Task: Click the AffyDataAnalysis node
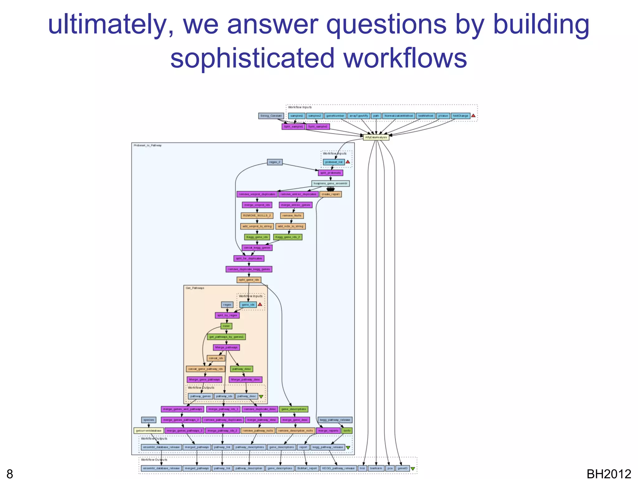click(x=376, y=137)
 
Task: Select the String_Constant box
click(x=271, y=116)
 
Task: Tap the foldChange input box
click(x=460, y=116)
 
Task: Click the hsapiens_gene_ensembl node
click(x=330, y=183)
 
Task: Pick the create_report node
click(x=331, y=194)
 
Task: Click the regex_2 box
click(x=275, y=162)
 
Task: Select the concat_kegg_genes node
click(x=257, y=248)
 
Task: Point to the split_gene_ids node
click(x=249, y=280)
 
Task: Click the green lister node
click(x=226, y=326)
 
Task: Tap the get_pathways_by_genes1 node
click(x=226, y=337)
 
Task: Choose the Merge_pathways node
click(x=226, y=347)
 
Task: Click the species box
click(x=149, y=420)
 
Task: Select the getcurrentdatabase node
click(x=149, y=431)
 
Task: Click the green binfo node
click(x=347, y=431)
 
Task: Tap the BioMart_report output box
click(x=307, y=468)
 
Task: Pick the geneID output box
click(x=402, y=468)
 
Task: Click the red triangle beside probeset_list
click(x=348, y=162)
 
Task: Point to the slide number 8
click(x=10, y=474)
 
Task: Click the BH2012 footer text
click(x=608, y=474)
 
